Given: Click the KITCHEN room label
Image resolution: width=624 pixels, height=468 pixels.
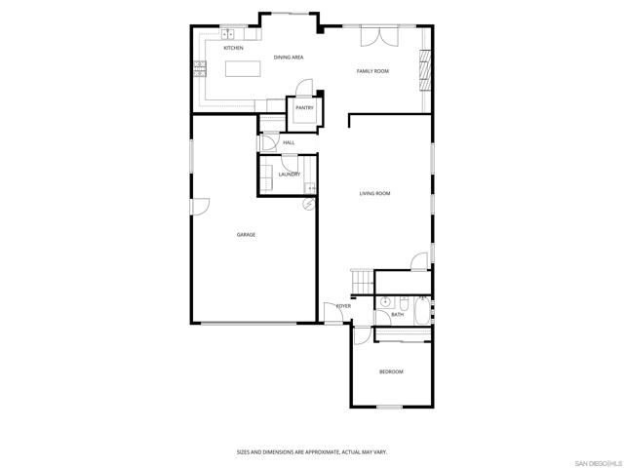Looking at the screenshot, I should pos(233,48).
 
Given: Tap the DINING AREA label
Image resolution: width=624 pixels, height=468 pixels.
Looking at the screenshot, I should pos(289,58).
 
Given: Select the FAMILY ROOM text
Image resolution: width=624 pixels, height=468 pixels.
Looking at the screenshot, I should pos(372,71).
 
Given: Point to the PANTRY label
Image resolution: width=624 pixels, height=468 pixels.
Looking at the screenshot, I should pos(304,108).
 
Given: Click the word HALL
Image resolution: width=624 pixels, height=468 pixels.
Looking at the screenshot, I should pos(289,143).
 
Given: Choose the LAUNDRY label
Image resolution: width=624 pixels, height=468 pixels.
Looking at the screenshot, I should pos(289,175).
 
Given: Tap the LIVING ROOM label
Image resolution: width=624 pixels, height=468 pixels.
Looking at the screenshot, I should pos(374,194).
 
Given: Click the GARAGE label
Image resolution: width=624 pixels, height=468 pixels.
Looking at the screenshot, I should pos(246,235).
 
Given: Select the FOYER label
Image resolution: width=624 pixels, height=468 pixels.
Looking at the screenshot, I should pos(343,306).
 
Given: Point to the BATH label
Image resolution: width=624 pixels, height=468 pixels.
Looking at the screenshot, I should pos(398,315).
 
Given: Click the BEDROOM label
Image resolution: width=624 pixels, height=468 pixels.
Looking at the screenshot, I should pos(391,371).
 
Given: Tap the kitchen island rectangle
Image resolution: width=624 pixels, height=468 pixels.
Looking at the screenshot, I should pos(245,69).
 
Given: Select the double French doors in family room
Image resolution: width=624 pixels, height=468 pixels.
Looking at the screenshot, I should pos(379,36).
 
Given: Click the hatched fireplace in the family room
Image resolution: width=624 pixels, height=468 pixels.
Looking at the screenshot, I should pos(424,68).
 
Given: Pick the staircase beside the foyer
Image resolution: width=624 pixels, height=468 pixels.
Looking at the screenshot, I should pos(362,281).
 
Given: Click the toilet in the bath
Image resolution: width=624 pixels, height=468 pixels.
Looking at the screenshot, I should pos(421,296).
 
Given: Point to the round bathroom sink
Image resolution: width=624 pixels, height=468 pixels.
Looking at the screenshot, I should pos(386,301).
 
